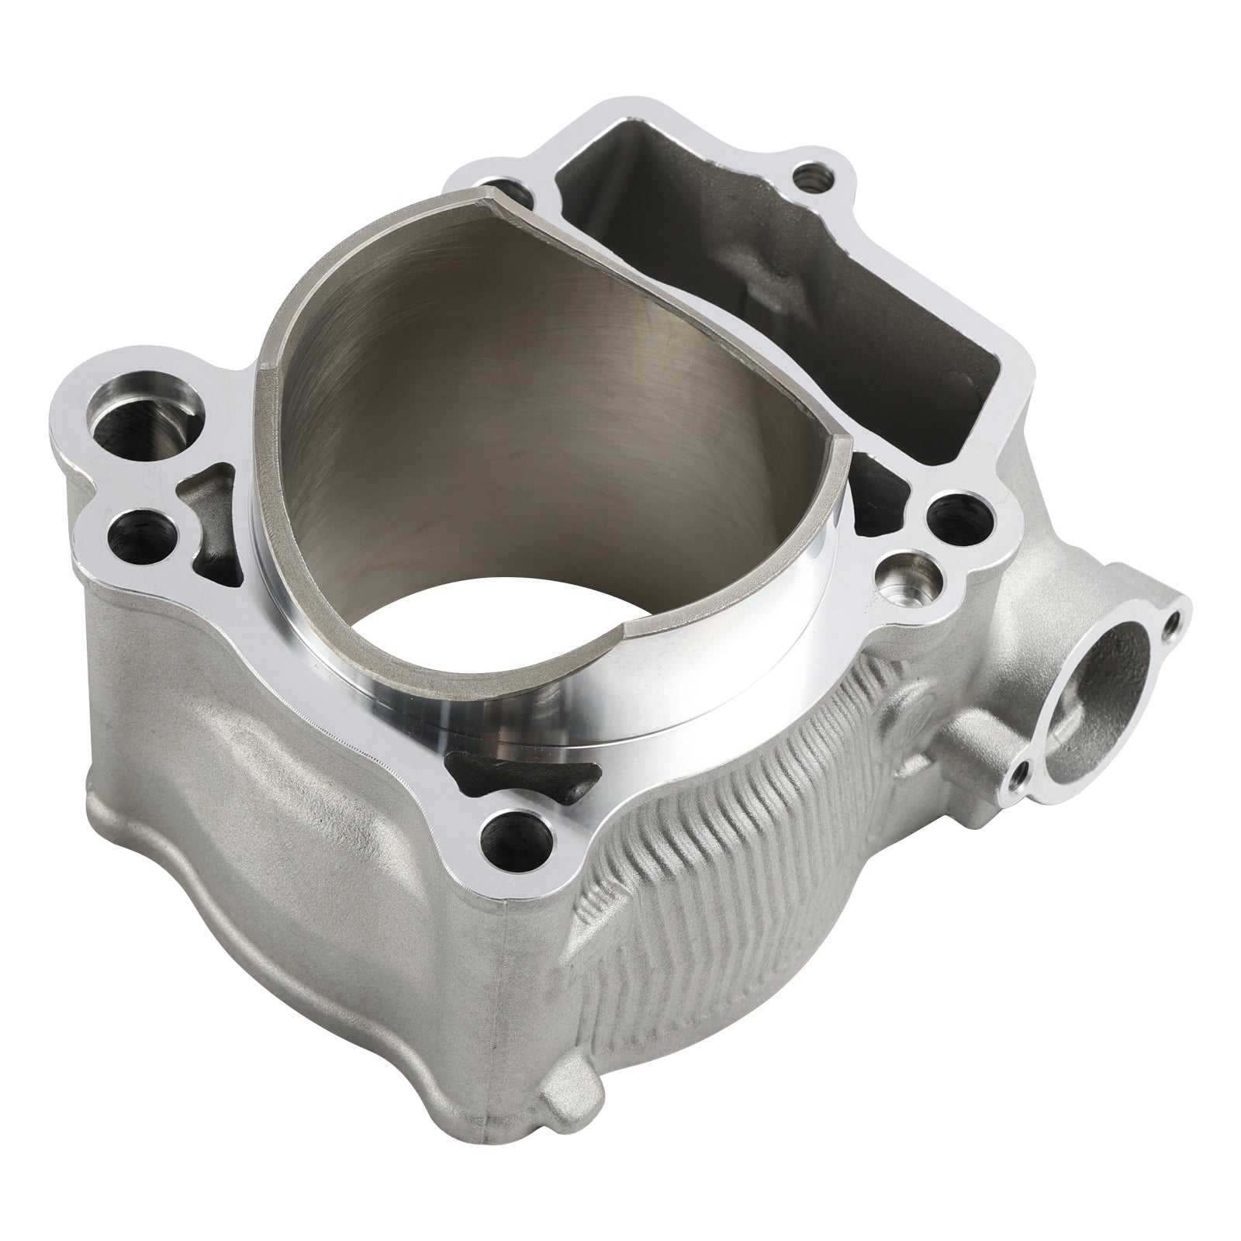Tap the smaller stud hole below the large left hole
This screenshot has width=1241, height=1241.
point(140,535)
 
